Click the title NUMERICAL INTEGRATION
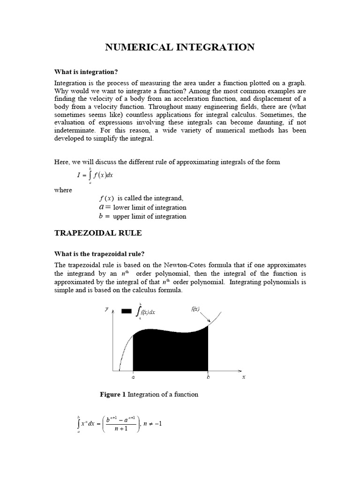tap(180, 47)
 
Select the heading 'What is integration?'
tap(86, 72)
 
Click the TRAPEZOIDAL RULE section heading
tap(98, 233)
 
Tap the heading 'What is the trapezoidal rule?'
tap(97, 254)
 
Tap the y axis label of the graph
tap(106, 309)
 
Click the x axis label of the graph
tap(244, 377)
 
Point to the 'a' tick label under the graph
tap(133, 377)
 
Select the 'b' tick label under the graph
tap(208, 377)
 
